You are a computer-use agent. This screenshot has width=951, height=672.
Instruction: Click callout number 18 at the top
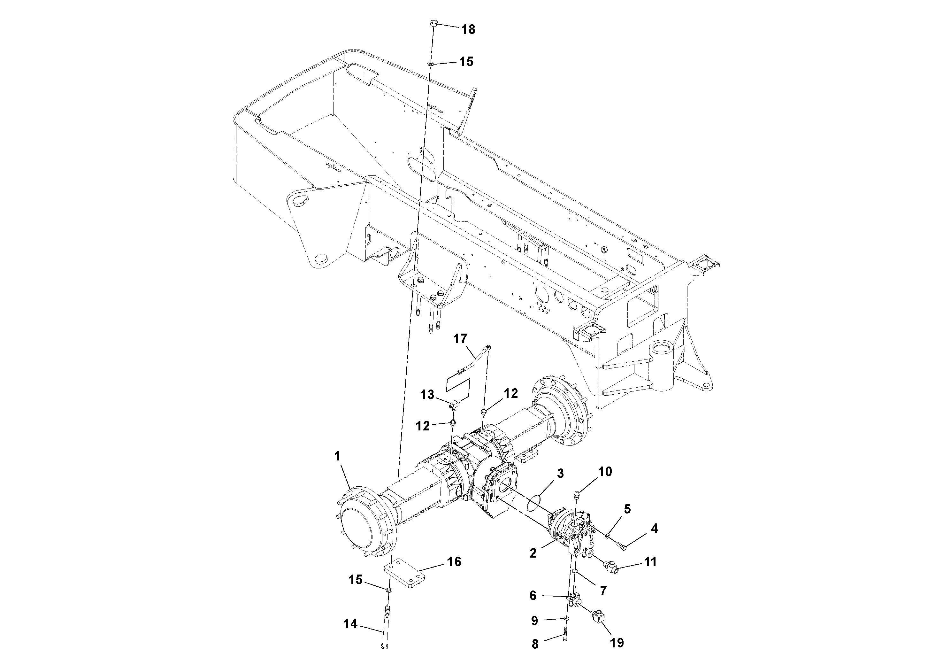point(468,30)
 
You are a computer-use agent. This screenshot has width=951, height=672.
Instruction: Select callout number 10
point(605,472)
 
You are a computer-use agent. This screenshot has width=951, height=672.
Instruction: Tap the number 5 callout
point(627,509)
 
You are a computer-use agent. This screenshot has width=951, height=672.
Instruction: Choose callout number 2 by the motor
point(533,553)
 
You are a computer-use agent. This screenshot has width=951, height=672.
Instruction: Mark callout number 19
point(617,643)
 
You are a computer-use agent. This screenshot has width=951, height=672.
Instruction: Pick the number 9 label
point(534,621)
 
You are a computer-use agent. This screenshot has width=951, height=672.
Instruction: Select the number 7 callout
point(603,591)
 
